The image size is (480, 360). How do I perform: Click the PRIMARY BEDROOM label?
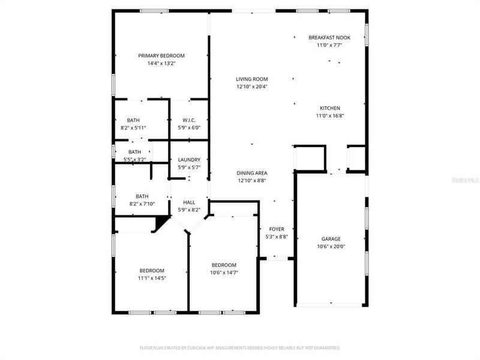point(157,55)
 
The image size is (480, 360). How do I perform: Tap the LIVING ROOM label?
point(251,79)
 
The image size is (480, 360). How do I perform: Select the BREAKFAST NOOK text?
point(329,37)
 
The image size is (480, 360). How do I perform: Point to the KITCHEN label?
point(329,108)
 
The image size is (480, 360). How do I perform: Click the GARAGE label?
point(331,238)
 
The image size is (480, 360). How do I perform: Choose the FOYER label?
point(277,229)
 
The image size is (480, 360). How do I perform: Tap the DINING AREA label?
point(251,173)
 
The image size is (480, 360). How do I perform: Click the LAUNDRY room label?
point(189,160)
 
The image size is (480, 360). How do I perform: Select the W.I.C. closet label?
point(189,120)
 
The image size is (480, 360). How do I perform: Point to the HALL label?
point(189,202)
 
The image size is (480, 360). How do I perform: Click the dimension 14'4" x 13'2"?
point(157,63)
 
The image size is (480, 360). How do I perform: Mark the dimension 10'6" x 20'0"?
point(331,246)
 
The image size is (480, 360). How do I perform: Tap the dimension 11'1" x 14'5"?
point(152,278)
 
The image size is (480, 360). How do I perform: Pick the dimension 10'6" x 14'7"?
point(224,273)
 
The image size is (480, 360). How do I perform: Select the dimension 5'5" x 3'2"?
point(134,160)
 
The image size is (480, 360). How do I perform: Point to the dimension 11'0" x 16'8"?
point(329,116)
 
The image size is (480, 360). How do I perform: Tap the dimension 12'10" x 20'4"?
point(251,86)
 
